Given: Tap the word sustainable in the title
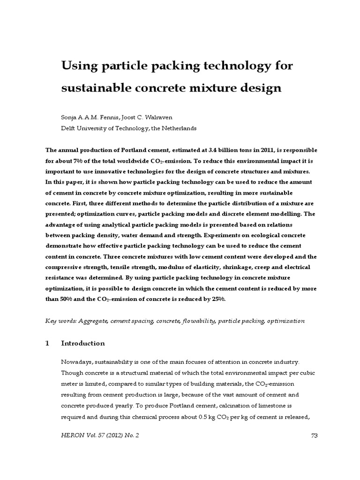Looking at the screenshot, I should point(94,88).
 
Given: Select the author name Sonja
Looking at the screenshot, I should point(70,117).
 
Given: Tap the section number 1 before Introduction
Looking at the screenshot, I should point(47,343).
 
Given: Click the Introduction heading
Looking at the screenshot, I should point(83,343).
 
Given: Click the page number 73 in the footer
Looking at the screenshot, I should point(315,435).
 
